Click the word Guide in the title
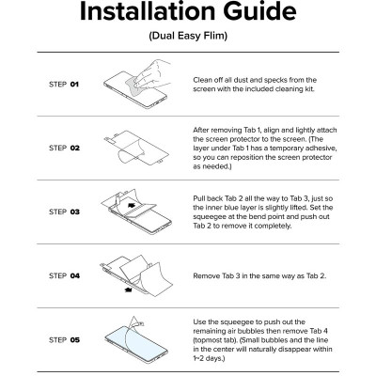pos(259,11)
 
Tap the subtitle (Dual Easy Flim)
pos(188,36)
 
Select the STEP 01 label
pos(64,85)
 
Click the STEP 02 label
pos(64,148)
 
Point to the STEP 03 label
pos(64,211)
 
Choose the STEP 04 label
pos(64,275)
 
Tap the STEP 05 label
pos(64,339)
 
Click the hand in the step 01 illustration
pos(153,73)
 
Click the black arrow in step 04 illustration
pos(128,290)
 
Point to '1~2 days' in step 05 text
pos(208,358)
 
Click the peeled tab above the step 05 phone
pos(135,321)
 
